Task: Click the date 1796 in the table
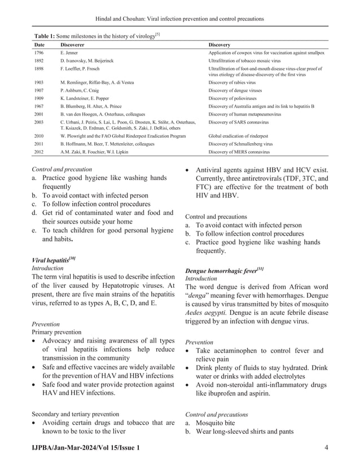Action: [x=39, y=52]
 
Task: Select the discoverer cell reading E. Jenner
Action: [x=69, y=52]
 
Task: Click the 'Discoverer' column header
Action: [x=72, y=44]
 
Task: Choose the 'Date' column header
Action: [x=39, y=44]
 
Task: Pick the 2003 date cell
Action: [x=39, y=122]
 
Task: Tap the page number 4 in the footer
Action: [x=327, y=447]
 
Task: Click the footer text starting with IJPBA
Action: [x=84, y=447]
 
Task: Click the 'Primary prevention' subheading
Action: [x=56, y=332]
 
